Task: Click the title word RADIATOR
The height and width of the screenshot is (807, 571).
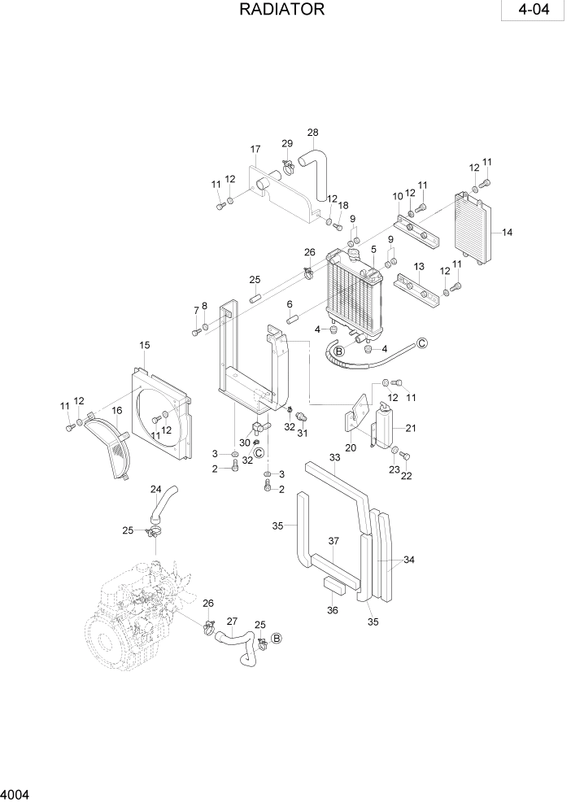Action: click(x=282, y=10)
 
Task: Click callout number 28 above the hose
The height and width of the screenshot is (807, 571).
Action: click(x=312, y=133)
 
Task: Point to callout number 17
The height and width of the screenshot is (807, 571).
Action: click(x=255, y=150)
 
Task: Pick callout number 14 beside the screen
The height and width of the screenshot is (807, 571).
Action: click(x=507, y=233)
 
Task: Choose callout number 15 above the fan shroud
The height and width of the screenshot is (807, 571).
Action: click(x=145, y=346)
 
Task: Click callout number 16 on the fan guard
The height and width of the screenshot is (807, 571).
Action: click(x=117, y=411)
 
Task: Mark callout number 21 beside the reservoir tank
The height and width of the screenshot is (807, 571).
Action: click(x=411, y=428)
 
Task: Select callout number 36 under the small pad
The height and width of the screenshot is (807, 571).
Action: click(x=333, y=610)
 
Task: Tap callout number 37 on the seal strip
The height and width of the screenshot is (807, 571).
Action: click(x=333, y=541)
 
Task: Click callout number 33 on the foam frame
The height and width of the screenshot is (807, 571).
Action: click(x=334, y=458)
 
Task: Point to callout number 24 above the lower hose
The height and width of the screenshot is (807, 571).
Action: click(x=155, y=489)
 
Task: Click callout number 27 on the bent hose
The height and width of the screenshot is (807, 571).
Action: click(x=231, y=621)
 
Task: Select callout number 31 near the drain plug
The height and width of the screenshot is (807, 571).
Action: click(x=302, y=433)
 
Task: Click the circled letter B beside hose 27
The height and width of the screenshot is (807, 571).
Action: click(x=276, y=639)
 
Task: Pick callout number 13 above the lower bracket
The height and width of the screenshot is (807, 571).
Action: click(x=420, y=266)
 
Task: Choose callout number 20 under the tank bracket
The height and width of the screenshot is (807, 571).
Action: click(x=351, y=447)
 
